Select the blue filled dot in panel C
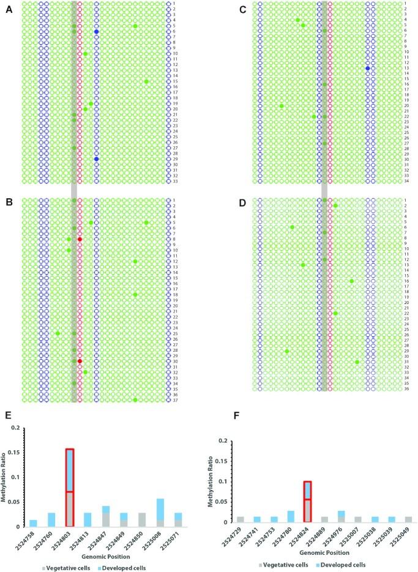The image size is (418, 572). [x=368, y=69]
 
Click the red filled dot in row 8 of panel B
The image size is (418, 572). [x=80, y=239]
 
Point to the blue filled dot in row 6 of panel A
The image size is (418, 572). [x=97, y=31]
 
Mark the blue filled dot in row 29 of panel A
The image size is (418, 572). [x=97, y=159]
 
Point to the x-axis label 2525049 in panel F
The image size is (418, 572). [x=405, y=539]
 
